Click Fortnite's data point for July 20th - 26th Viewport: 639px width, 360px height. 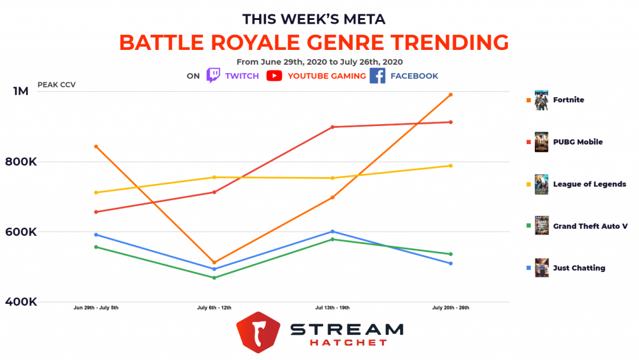tap(451, 95)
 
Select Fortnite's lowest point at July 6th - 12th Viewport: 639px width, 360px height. tap(214, 263)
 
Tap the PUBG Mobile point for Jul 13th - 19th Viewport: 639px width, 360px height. tap(333, 127)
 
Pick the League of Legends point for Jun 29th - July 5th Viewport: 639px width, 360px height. tap(95, 192)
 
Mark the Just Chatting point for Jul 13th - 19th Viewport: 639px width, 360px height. tap(333, 231)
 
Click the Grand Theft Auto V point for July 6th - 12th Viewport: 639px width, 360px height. tap(214, 278)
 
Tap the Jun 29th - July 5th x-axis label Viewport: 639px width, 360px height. tap(95, 308)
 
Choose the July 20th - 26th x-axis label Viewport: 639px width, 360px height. tap(451, 308)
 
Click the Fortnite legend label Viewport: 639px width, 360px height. tap(568, 100)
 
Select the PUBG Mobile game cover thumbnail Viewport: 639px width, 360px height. tap(542, 142)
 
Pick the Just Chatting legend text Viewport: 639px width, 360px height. tap(578, 268)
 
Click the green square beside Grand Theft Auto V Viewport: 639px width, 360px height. tap(528, 226)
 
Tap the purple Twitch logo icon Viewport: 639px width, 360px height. tap(213, 75)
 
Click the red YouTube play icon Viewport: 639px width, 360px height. tap(274, 75)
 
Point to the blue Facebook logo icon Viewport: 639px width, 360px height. tap(377, 75)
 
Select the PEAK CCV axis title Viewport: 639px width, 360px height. tap(56, 85)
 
